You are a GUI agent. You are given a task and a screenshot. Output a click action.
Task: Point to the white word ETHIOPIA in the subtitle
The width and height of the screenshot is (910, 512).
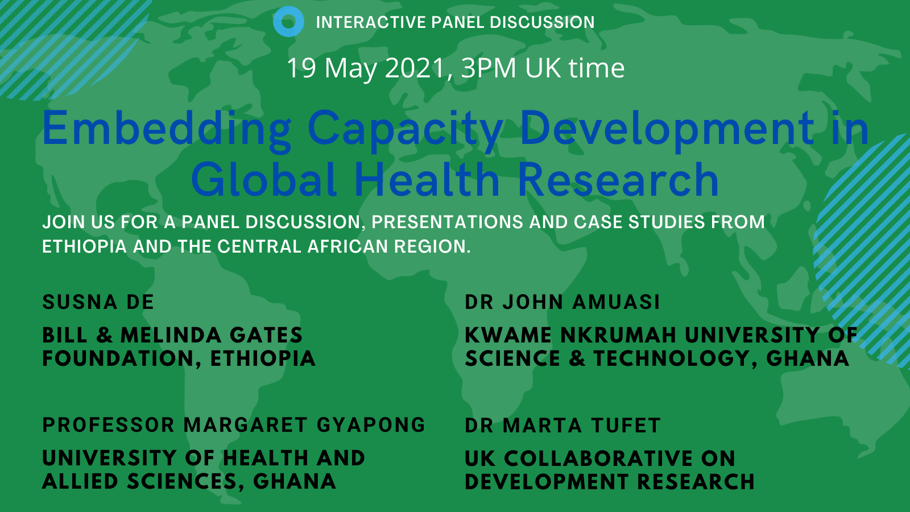click(85, 247)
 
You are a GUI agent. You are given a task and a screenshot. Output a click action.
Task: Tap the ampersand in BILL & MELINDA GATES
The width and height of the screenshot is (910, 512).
click(105, 335)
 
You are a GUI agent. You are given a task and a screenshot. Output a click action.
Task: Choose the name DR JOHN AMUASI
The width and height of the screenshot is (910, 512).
click(562, 302)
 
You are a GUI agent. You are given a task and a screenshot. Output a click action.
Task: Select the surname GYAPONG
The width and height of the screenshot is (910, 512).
click(371, 425)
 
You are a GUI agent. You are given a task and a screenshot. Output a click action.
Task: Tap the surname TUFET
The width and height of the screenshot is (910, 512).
click(626, 426)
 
